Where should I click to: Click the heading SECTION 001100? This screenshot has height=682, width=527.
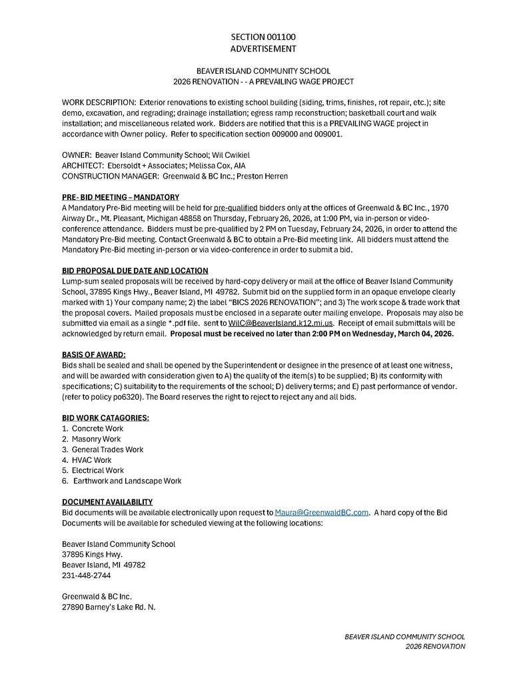(x=263, y=37)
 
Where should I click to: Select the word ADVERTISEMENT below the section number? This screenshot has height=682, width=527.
(x=263, y=49)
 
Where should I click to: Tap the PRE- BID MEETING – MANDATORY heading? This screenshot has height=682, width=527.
(x=121, y=197)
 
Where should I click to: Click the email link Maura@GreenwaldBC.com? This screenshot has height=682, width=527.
(x=322, y=512)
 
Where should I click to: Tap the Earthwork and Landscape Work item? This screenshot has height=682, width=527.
(x=127, y=481)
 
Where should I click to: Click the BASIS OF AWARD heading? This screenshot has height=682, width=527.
(x=94, y=354)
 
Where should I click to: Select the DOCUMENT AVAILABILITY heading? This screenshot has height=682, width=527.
(x=107, y=502)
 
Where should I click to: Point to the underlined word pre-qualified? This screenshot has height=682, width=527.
(x=236, y=208)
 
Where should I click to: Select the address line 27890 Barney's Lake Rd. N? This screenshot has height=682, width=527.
(x=109, y=607)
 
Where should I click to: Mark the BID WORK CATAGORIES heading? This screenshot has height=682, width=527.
(x=105, y=418)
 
